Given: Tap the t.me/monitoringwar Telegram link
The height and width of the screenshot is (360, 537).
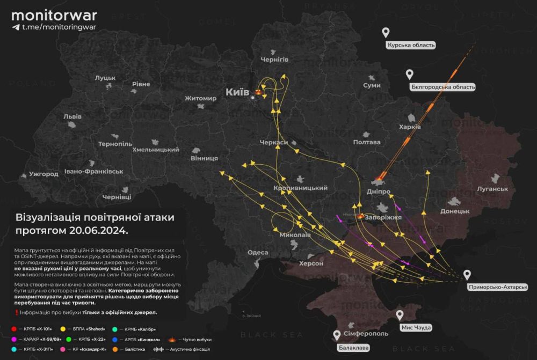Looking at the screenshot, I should [x=52, y=27].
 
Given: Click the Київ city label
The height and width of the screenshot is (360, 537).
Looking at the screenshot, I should [x=237, y=92].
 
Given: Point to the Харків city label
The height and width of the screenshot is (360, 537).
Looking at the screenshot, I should [x=410, y=127].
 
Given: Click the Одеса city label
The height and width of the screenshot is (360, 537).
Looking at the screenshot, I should [x=258, y=253].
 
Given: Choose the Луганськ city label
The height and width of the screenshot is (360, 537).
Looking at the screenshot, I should [x=492, y=189].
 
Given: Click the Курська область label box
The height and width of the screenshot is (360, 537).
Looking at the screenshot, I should [x=411, y=45].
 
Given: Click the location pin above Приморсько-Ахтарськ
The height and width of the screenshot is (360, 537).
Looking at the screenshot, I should [x=467, y=275].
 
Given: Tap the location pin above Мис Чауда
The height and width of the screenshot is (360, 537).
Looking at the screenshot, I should [x=400, y=315].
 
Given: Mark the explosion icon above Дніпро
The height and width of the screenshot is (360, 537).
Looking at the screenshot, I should [x=380, y=177].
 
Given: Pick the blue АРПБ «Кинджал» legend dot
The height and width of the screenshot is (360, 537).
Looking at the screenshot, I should [x=114, y=339].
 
